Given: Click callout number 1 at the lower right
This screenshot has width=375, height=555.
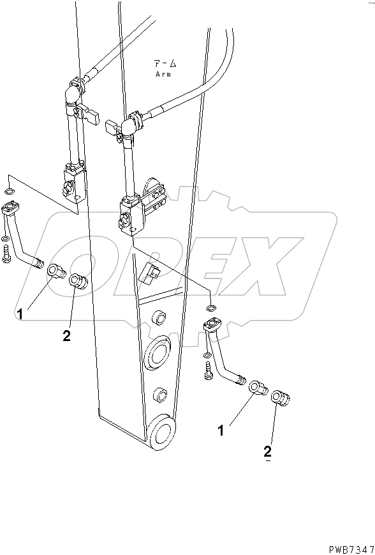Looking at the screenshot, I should coord(221,431).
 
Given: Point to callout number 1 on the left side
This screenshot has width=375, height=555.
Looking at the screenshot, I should coord(21,314).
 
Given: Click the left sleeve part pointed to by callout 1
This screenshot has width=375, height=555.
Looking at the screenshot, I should coord(56,273).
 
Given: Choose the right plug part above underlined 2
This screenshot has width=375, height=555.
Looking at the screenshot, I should coord(281,397).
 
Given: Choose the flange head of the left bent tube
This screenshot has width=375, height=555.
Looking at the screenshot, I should coord(11,207).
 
